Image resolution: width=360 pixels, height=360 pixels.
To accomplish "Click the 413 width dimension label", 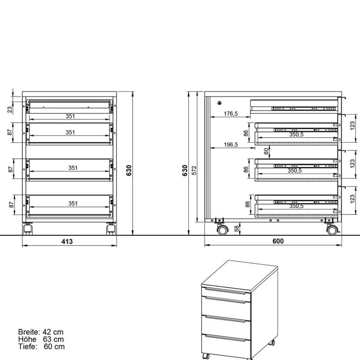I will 67,242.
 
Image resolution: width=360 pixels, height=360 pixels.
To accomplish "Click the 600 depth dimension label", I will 278,241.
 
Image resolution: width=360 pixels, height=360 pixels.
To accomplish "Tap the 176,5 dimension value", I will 231,114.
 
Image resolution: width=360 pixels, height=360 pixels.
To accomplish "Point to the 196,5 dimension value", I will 231,145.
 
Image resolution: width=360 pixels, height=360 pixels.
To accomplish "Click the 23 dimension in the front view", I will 10,109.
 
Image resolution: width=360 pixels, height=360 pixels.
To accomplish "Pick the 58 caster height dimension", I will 237,228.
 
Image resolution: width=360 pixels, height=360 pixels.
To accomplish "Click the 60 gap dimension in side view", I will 266,151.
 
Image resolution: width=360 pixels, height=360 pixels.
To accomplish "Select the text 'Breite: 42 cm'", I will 41,332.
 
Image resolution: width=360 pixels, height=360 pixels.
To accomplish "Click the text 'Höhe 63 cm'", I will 41,339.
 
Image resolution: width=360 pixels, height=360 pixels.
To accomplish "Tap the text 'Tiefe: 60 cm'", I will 41,346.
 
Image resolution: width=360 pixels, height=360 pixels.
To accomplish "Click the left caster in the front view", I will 27,229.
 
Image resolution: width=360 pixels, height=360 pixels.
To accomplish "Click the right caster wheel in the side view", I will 332,229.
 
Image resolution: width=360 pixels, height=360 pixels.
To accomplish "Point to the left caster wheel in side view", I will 222,229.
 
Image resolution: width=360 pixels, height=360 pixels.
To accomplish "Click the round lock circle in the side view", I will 219,103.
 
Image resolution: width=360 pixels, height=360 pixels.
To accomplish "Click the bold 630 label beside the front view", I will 129,170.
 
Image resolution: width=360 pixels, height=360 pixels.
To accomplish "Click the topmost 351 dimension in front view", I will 70,116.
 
